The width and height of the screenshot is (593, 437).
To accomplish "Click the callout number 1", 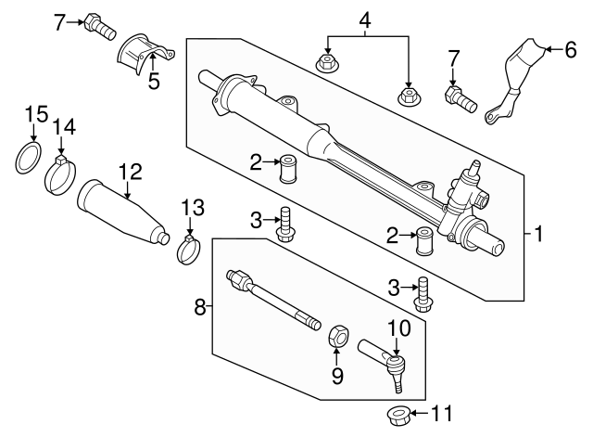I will tap(538, 234).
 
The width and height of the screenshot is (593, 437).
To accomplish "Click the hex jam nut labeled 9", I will tap(338, 334).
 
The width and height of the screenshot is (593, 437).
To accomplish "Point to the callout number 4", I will tap(364, 19).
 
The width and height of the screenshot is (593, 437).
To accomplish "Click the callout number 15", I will tap(35, 114).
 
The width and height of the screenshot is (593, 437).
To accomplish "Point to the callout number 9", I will tap(338, 376).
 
